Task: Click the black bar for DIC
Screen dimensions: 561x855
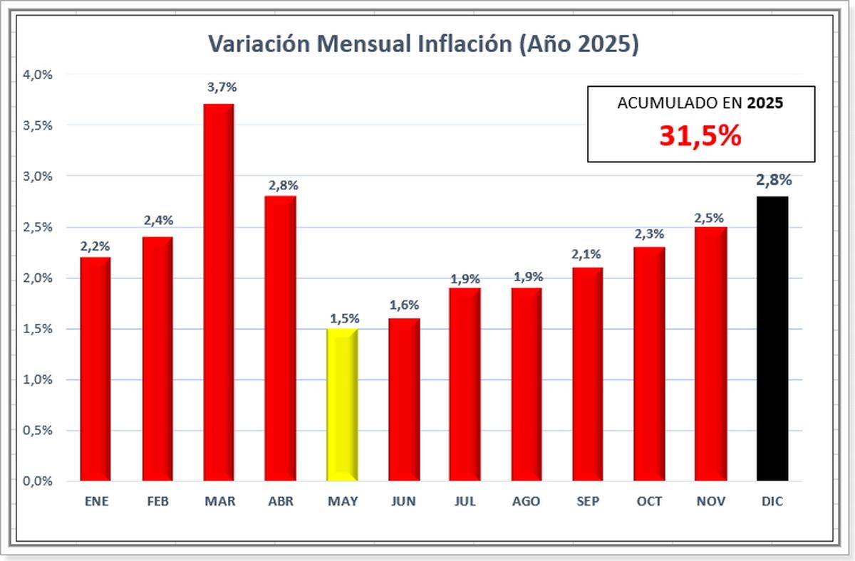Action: coord(772,338)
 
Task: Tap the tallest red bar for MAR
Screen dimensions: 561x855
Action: coord(219,292)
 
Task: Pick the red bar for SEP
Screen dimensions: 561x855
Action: coord(588,374)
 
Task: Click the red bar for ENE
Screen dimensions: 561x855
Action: coord(95,369)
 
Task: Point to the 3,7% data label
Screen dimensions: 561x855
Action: coord(222,88)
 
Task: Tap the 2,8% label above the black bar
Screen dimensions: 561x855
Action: coord(773,180)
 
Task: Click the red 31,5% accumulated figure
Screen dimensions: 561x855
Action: coord(700,135)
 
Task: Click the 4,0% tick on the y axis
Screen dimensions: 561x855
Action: coord(38,74)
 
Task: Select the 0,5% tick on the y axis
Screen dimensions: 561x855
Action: coord(38,431)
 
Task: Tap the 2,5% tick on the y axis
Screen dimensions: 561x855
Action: coord(38,227)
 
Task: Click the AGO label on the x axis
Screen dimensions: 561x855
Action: coord(526,501)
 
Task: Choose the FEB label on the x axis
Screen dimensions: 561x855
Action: coord(157,501)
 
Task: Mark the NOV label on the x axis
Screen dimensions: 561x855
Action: coord(711,501)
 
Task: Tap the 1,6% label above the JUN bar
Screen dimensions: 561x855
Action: coord(404,305)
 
